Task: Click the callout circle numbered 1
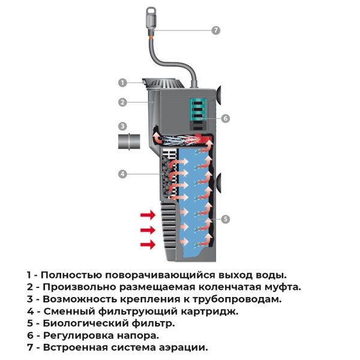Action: (122, 82)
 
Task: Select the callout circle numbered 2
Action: (122, 102)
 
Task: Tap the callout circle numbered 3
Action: (122, 127)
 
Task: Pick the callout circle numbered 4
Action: (122, 174)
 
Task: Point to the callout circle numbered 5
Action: (226, 219)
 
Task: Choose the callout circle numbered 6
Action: (226, 118)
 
